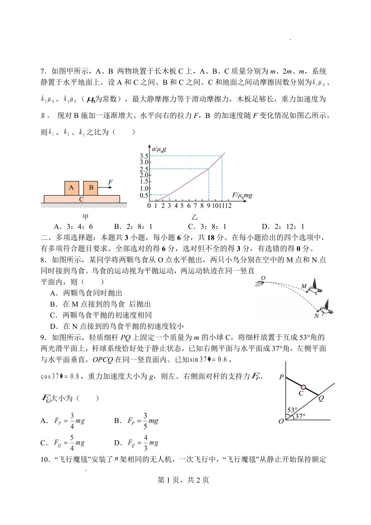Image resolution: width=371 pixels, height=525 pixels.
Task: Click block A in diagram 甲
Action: (71, 188)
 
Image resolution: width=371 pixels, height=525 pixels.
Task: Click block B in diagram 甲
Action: (91, 188)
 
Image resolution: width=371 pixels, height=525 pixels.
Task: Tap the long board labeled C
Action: (82, 199)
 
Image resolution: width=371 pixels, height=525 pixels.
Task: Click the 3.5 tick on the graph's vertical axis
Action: (144, 156)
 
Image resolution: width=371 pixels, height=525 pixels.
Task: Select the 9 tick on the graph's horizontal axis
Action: (209, 206)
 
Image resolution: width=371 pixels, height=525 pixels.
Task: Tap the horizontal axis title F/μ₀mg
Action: (242, 195)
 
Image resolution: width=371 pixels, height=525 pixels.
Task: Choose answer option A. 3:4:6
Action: (73, 227)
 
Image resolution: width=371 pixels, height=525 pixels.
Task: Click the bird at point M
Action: (314, 288)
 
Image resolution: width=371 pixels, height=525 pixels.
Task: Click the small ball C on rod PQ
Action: (303, 387)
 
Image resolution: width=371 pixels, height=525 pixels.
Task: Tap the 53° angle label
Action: (292, 410)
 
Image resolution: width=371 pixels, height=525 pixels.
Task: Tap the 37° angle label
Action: (300, 416)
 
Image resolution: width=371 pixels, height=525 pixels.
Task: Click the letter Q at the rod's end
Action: (321, 398)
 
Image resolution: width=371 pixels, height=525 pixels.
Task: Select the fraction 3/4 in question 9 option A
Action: (72, 421)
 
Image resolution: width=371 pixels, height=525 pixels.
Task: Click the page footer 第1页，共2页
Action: (183, 480)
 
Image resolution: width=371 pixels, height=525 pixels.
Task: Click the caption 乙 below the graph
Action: (194, 217)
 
